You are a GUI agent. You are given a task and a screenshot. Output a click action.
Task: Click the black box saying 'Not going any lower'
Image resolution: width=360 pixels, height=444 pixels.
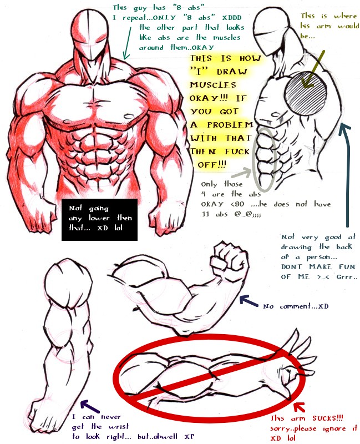pyautogui.click(x=100, y=219)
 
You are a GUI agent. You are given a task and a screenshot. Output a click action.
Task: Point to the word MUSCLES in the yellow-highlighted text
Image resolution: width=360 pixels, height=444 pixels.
pyautogui.click(x=213, y=85)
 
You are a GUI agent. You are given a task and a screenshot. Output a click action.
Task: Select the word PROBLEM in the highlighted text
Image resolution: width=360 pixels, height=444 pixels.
pyautogui.click(x=230, y=124)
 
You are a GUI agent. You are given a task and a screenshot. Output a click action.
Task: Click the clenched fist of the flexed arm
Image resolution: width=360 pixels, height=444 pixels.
pyautogui.click(x=229, y=260)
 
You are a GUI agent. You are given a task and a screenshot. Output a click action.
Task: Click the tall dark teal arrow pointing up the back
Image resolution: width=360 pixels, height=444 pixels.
pyautogui.click(x=347, y=175)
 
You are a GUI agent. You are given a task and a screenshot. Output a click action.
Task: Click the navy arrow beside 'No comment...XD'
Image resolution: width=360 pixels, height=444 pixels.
pyautogui.click(x=249, y=301)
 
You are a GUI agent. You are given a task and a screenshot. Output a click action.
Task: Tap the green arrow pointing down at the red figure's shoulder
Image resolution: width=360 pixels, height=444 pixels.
pyautogui.click(x=128, y=43)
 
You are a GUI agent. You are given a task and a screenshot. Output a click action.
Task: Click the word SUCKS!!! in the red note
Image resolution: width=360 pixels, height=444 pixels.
pyautogui.click(x=328, y=418)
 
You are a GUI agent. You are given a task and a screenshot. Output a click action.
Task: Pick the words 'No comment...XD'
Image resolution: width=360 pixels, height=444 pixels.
pyautogui.click(x=296, y=306)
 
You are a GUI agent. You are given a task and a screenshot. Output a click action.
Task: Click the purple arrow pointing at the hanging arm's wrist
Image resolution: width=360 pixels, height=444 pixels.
pyautogui.click(x=90, y=406)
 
